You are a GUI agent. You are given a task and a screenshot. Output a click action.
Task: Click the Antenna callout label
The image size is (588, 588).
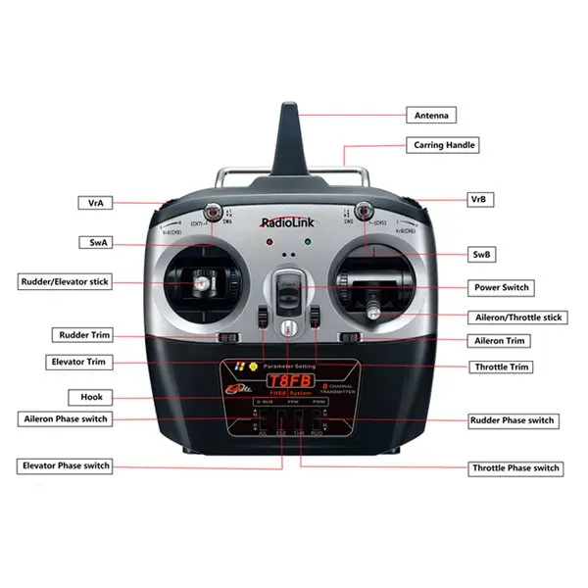pos(431,116)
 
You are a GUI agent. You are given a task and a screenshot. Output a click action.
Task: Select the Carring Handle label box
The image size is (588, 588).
pos(444,145)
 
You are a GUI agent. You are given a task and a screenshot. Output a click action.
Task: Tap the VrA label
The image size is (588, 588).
pos(95,203)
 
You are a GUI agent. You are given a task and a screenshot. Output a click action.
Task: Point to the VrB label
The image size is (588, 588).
pos(478,199)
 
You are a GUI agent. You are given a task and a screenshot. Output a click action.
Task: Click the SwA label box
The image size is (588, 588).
pos(95,241)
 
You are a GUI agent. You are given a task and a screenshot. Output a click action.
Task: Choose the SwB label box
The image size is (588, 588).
pos(481,255)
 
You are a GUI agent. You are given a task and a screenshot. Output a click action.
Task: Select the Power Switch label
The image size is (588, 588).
pos(502,287)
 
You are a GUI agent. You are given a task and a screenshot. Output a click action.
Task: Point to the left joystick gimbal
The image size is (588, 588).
pos(201,284)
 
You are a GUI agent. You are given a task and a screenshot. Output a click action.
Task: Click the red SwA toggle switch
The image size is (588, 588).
pos(212,211)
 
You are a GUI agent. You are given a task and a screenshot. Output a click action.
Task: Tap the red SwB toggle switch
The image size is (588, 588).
pos(363,210)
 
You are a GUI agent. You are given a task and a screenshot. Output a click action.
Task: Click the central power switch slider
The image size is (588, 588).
pos(286,292)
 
